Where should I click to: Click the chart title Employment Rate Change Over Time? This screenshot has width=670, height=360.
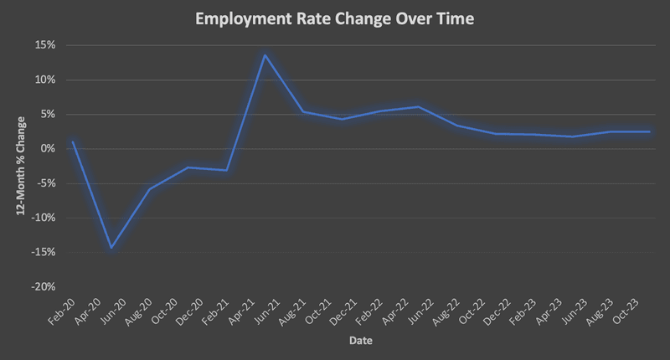[334, 18]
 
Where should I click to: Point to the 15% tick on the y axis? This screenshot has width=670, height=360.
[44, 45]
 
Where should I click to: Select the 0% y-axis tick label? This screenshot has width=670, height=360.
[47, 149]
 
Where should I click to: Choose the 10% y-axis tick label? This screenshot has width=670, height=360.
[44, 80]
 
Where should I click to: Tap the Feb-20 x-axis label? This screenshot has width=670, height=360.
[64, 311]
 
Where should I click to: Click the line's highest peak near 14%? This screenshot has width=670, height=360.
[265, 55]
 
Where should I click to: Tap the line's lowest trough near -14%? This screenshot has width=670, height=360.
[111, 248]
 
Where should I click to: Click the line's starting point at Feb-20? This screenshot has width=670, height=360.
[73, 141]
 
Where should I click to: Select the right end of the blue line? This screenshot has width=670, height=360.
[649, 131]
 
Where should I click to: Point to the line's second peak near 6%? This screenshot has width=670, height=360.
[418, 106]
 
